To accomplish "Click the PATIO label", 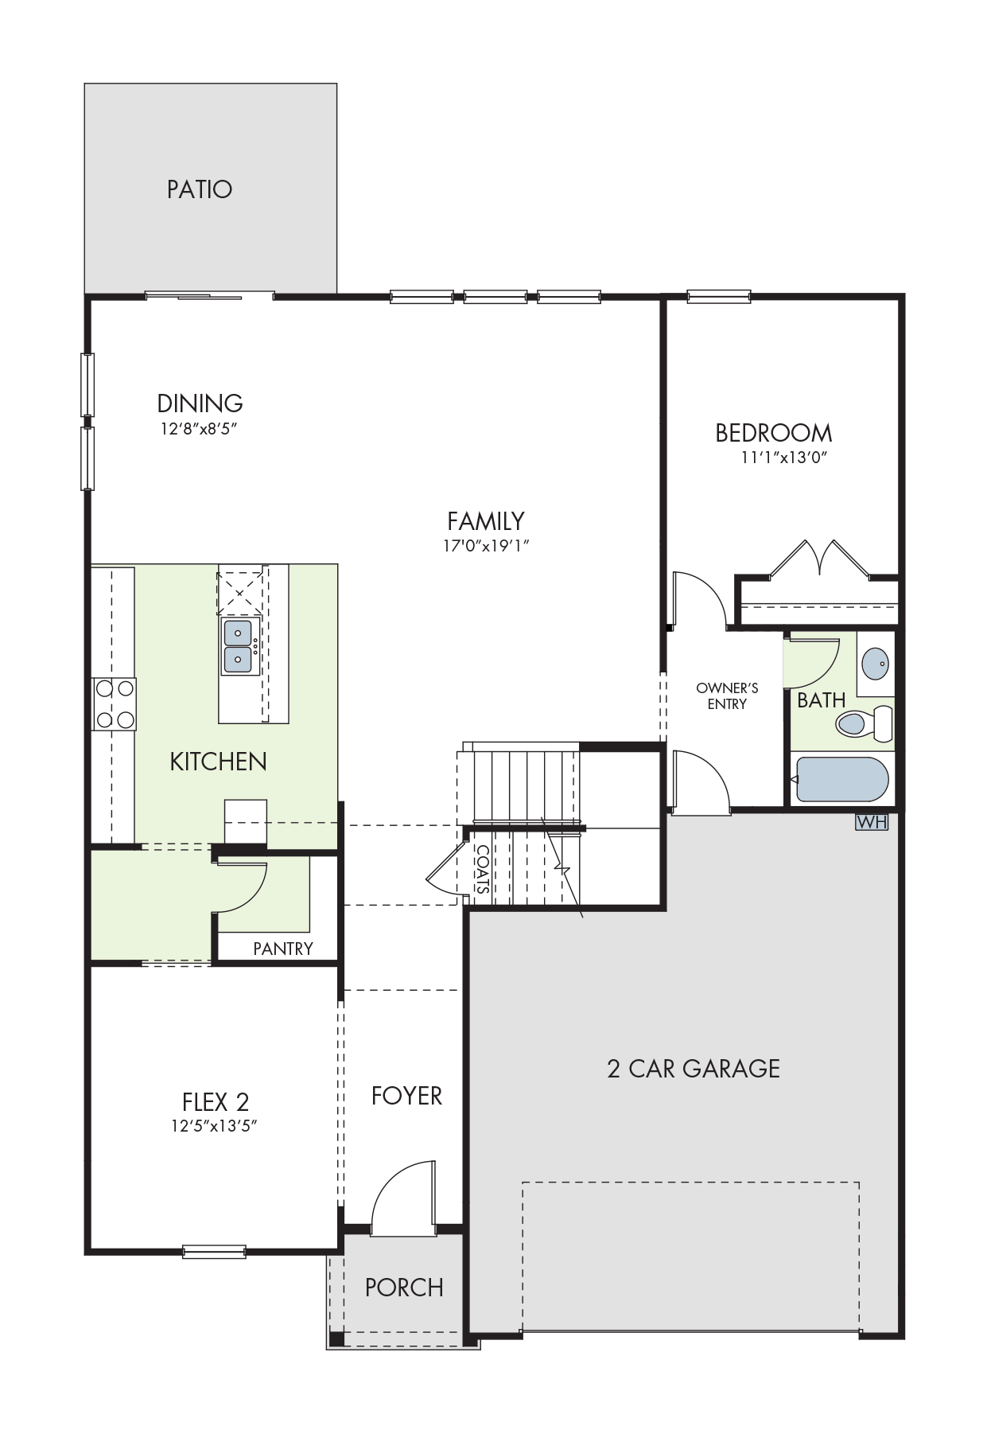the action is pos(200,189).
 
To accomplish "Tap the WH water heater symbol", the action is pos(872,822).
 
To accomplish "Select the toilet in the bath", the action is pos(864,723).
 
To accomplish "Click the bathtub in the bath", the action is pos(841,780).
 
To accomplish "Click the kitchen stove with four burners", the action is pos(115,703).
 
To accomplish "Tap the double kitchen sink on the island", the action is pos(238,646).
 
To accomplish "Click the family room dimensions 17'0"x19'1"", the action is pos(486,546).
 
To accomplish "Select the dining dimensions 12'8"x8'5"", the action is pos(199,429).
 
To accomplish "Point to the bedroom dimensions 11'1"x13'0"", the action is pos(779,458).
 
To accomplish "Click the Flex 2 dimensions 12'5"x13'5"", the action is pos(216,1126).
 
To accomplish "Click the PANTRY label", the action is pos(283,949).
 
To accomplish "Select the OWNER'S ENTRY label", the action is pos(727,696).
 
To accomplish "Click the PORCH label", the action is pos(404,1287).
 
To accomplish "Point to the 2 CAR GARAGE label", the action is pos(694,1068).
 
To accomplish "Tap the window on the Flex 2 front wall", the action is pos(215,1252).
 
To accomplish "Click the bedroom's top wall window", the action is pos(719,296).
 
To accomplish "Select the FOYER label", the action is pos(406,1096).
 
